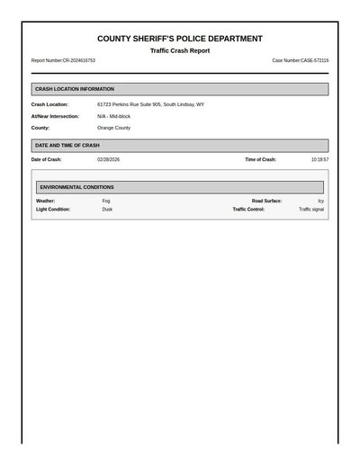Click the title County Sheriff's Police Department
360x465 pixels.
tap(180, 39)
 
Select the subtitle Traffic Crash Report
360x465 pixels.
tap(180, 50)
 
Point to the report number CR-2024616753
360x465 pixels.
tap(63, 60)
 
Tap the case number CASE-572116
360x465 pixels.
tap(301, 60)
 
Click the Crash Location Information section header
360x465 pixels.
tap(75, 89)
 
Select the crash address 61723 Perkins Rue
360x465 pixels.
tap(150, 104)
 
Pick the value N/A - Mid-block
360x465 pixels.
tap(113, 116)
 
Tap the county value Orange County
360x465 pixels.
tap(113, 128)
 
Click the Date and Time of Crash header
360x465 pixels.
tap(67, 145)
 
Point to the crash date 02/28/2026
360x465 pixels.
tap(108, 159)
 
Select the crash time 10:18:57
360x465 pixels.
tap(319, 159)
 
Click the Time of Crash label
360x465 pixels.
tap(260, 159)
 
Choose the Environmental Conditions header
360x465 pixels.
tap(77, 187)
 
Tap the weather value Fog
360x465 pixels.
tap(106, 201)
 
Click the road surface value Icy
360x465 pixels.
tap(320, 201)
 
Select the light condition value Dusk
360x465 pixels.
tap(107, 209)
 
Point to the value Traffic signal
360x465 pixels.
tap(311, 209)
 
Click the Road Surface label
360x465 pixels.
tap(266, 201)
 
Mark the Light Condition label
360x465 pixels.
tap(53, 209)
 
